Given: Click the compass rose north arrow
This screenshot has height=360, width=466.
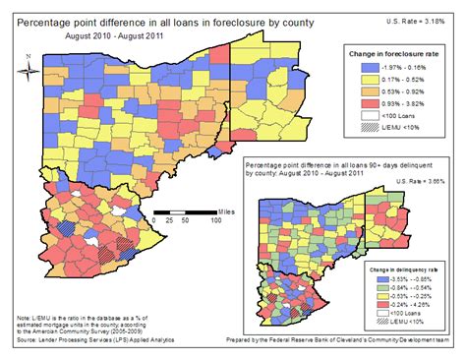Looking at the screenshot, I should pyautogui.click(x=29, y=69).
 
